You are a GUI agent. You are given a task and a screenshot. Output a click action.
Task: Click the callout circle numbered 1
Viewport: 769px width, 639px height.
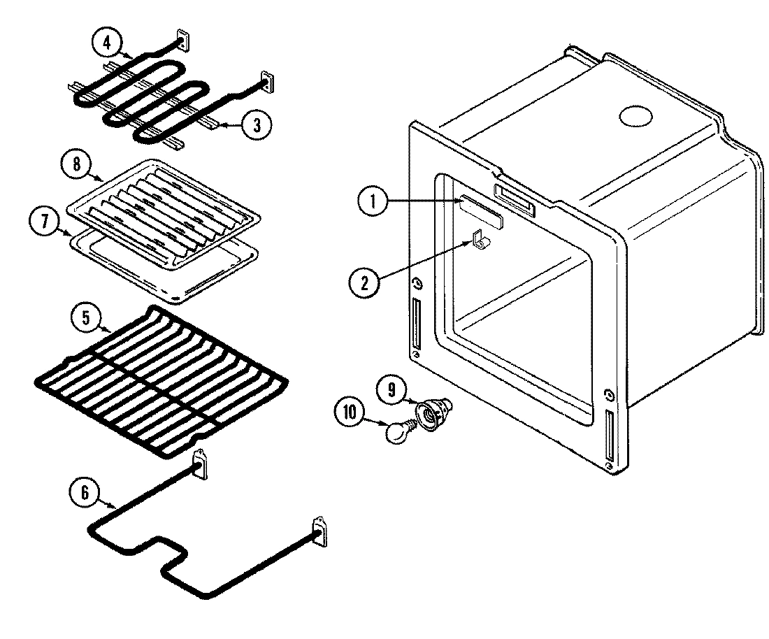(x=373, y=203)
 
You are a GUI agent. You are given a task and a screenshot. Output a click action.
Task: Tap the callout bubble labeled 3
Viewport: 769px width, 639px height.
(x=257, y=125)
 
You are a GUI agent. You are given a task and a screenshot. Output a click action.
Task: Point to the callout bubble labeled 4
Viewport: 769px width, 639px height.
(x=107, y=42)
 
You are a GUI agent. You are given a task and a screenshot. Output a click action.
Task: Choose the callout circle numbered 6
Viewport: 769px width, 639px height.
(x=84, y=492)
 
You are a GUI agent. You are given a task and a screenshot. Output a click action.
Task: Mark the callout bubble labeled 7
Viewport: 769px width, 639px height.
(x=44, y=222)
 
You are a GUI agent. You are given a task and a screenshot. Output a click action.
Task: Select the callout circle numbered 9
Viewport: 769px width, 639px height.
(x=392, y=389)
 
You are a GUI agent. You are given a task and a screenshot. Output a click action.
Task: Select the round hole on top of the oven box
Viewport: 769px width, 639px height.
(x=636, y=117)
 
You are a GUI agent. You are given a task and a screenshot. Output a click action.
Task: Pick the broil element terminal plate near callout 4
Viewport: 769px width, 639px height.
(x=183, y=41)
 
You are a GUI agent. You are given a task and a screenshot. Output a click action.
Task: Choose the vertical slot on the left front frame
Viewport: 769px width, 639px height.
(x=417, y=324)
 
